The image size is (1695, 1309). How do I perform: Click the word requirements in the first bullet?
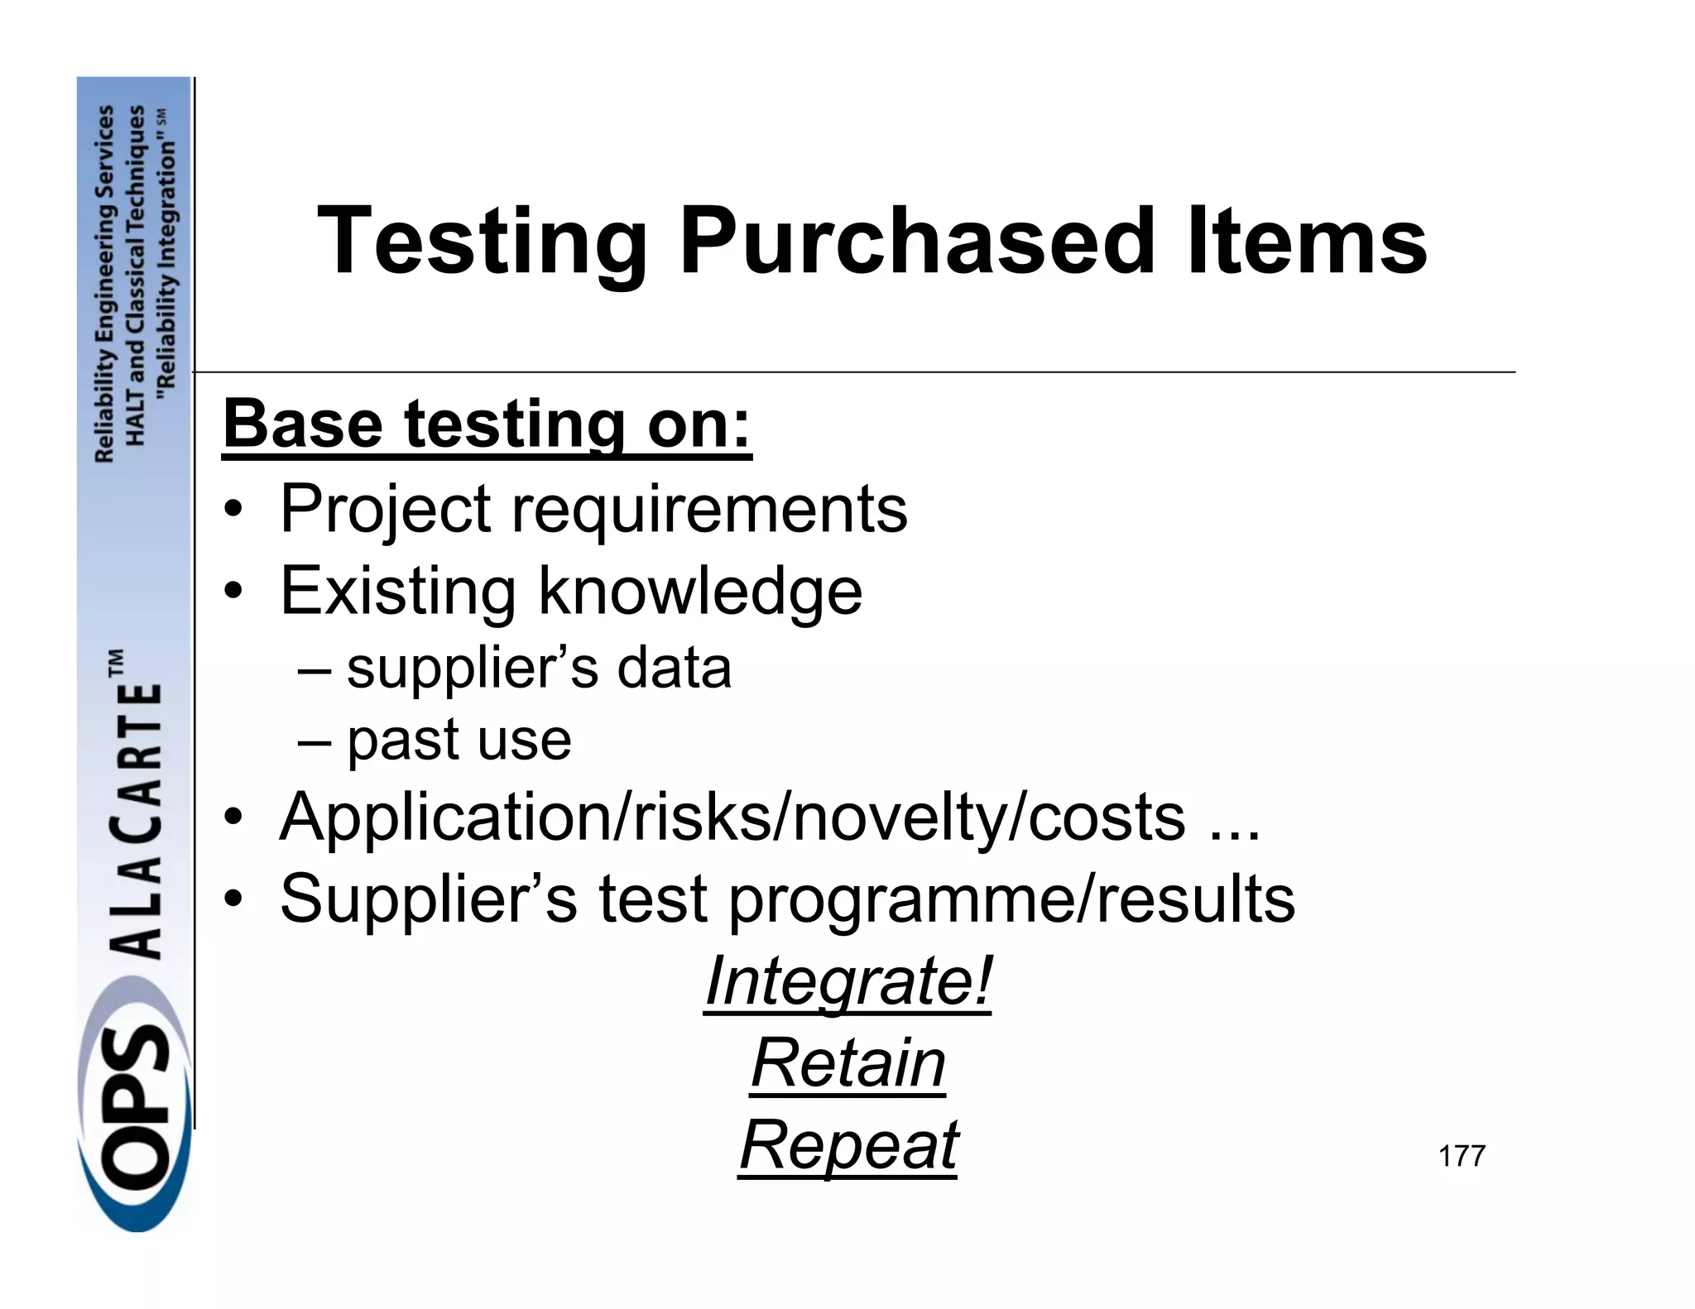[x=709, y=509]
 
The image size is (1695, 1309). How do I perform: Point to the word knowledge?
[x=700, y=592]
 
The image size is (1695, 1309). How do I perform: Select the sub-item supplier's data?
[x=538, y=668]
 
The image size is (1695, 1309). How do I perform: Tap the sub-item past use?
[x=459, y=740]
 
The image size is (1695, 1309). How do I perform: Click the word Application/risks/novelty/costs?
[x=732, y=818]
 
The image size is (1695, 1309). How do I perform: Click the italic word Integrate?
[x=847, y=981]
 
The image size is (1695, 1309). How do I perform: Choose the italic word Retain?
[x=847, y=1063]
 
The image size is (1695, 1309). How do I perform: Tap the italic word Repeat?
[x=847, y=1145]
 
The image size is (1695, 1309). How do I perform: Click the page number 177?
[x=1462, y=1156]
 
